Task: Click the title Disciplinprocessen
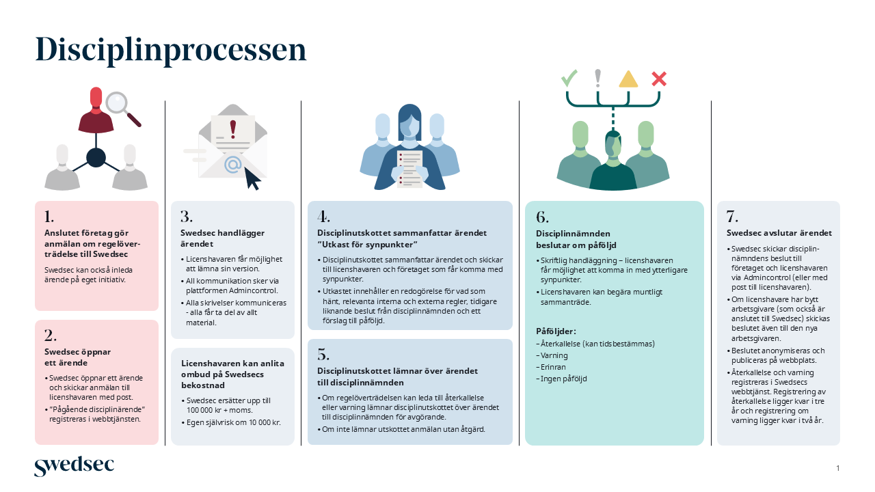[x=171, y=51]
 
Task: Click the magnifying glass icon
[x=118, y=102]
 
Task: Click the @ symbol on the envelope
[x=233, y=164]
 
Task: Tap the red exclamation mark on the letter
[x=233, y=128]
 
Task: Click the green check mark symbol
[x=569, y=78]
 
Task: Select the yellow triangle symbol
[x=628, y=79]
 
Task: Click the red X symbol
[x=659, y=79]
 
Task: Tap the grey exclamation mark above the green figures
[x=598, y=78]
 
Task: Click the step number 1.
[x=49, y=217]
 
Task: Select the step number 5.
[x=323, y=355]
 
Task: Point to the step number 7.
[x=732, y=217]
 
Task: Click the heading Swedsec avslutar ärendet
[x=779, y=233]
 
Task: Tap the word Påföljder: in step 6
[x=556, y=331]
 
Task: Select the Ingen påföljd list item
[x=561, y=379]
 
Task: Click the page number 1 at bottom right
[x=837, y=468]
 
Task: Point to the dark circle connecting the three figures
[x=96, y=157]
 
